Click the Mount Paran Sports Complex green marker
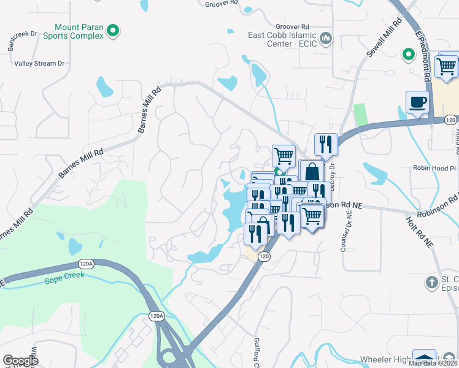(113, 29)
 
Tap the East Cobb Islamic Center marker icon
(326, 39)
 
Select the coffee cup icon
(417, 102)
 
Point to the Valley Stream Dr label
(39, 63)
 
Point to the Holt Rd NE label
(420, 231)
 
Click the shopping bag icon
(311, 171)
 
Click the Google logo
(20, 361)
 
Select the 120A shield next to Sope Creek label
(87, 264)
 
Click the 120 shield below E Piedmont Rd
(450, 120)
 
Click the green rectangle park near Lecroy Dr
(360, 115)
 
